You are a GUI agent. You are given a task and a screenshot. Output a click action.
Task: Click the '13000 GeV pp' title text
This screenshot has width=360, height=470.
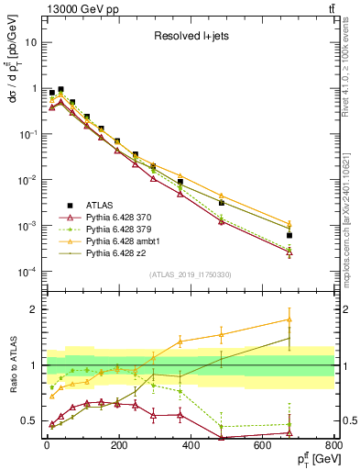coord(75,8)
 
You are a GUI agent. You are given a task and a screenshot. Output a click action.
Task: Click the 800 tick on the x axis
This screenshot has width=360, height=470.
coord(334,443)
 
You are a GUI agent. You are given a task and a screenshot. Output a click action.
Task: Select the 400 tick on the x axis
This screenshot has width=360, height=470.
coord(191,443)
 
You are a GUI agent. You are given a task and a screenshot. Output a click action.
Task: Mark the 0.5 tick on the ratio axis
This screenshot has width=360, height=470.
coord(28,421)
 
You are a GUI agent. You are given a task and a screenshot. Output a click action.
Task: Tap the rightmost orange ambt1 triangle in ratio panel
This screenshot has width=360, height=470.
coord(289,319)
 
